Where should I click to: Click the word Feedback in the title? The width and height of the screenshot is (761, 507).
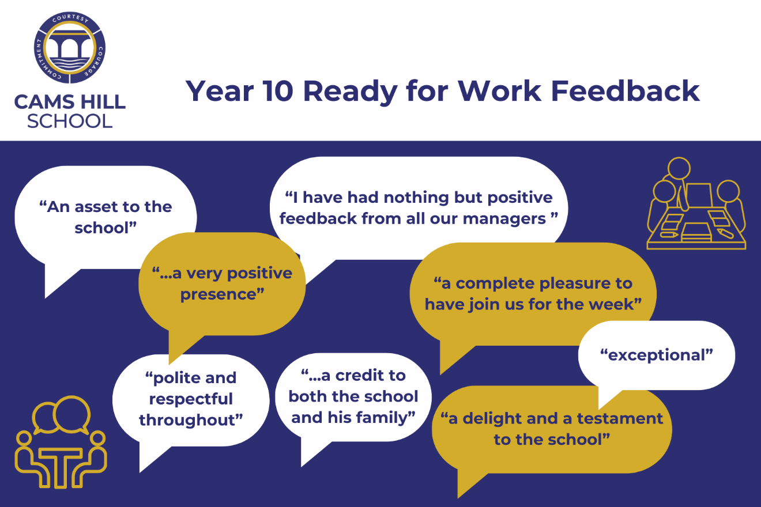(x=625, y=91)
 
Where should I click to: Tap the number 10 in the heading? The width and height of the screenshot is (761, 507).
(x=277, y=91)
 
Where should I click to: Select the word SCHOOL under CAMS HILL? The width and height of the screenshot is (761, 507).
(x=70, y=121)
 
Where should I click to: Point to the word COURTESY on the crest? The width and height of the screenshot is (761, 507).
(x=70, y=18)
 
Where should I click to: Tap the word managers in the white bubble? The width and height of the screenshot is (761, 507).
(x=504, y=219)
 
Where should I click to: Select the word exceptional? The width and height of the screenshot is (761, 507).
(x=656, y=355)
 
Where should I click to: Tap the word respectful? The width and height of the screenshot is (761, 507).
(x=191, y=399)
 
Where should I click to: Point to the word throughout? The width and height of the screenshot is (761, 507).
(x=191, y=420)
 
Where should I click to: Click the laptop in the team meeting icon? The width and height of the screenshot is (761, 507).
(x=699, y=196)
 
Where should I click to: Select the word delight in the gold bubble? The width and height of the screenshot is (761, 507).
(x=492, y=419)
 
